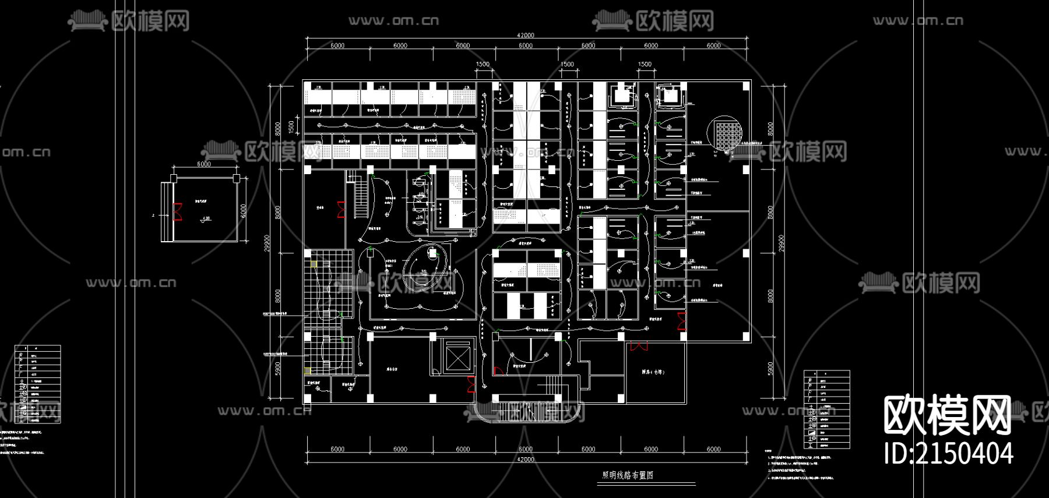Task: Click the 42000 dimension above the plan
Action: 525,35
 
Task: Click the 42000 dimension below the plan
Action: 525,460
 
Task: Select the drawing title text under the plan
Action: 628,475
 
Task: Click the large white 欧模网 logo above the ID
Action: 947,415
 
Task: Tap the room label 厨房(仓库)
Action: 653,372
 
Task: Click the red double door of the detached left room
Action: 178,211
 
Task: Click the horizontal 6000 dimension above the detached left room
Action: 204,164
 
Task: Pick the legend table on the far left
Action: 37,384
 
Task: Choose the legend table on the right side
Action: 826,409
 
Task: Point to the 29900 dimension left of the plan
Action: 267,243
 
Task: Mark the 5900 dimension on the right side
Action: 770,368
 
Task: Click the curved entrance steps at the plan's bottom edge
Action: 529,412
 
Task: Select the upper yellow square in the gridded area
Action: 314,264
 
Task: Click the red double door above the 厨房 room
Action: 639,346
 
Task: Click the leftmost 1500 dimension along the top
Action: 483,65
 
